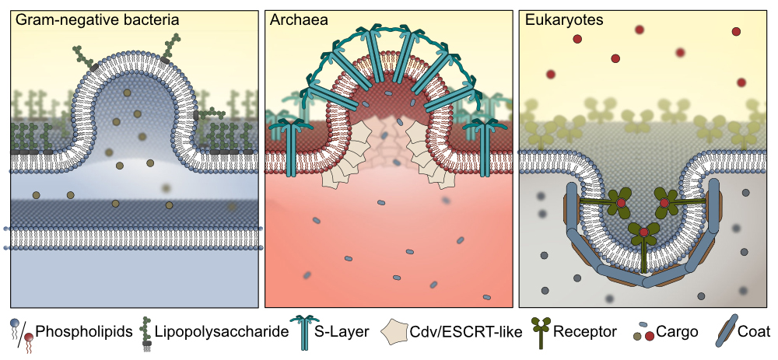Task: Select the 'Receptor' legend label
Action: (584, 333)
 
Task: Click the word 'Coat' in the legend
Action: (755, 333)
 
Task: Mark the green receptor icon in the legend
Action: (541, 332)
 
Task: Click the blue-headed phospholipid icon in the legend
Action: (16, 330)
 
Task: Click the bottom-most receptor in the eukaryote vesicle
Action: (643, 237)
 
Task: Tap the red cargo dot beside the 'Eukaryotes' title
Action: (577, 39)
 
